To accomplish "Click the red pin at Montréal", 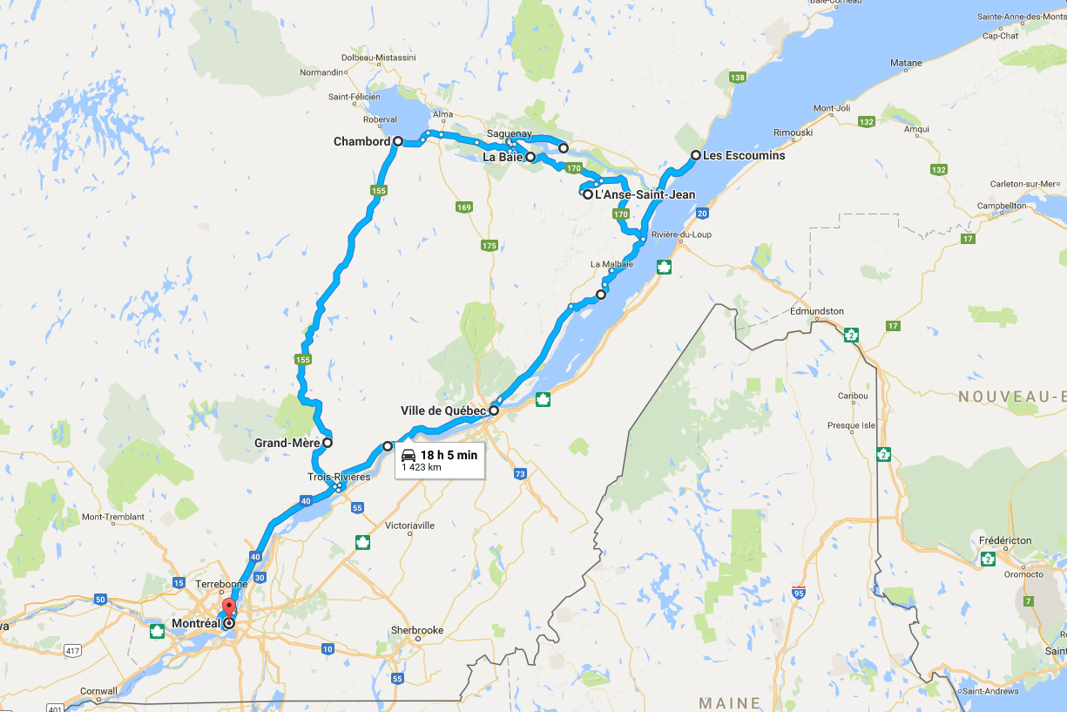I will (228, 607).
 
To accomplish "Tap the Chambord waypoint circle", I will (397, 140).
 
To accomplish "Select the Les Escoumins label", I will (743, 156).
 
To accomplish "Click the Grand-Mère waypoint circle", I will (328, 443).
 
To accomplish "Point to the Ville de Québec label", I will (442, 410).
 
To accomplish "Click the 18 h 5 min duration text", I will (449, 455).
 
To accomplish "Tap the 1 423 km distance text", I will (421, 468).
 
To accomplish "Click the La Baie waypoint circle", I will (530, 158).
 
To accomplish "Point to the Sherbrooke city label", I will (417, 630).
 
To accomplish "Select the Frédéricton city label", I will (1005, 540).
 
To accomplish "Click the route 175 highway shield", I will (489, 246).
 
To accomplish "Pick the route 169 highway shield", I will (463, 207).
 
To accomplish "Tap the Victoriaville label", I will (403, 526).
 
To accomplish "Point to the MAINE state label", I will (730, 702).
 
